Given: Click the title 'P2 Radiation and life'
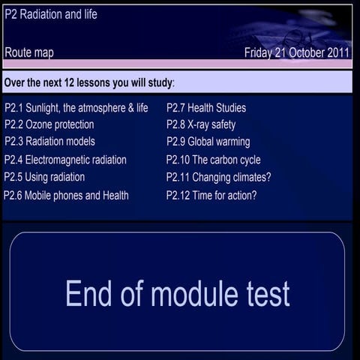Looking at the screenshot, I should click(x=50, y=14).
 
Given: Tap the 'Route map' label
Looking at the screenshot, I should click(x=29, y=52).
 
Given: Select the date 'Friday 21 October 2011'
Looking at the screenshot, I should click(x=297, y=52).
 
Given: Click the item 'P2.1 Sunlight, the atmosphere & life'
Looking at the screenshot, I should click(x=76, y=108).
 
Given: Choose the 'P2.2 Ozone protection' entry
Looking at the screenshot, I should click(x=49, y=124).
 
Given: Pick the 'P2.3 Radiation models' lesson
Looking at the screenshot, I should click(x=49, y=141).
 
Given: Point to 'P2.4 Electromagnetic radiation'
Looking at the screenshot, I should click(x=65, y=160).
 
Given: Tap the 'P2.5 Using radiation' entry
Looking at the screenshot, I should click(x=44, y=177).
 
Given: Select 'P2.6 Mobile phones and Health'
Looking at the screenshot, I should click(x=66, y=195).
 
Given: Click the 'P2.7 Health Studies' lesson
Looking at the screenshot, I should click(x=206, y=108).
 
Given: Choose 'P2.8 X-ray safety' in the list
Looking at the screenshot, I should click(x=201, y=124).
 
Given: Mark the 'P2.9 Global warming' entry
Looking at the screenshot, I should click(x=208, y=141).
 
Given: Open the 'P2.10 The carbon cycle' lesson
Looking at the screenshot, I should click(x=214, y=160).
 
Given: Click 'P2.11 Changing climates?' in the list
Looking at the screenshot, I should click(x=219, y=177).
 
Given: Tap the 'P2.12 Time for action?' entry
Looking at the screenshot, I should click(x=211, y=195).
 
